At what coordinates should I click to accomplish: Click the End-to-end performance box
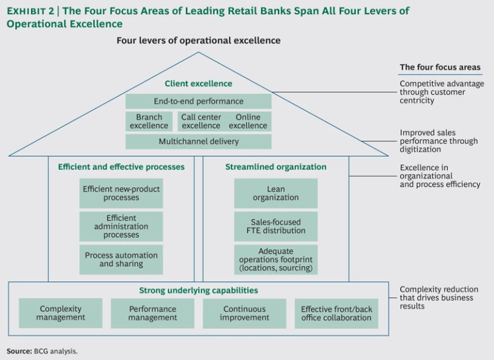(198, 102)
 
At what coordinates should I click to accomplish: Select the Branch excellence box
(149, 122)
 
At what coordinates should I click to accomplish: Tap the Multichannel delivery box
(198, 141)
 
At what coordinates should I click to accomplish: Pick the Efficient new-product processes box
(121, 193)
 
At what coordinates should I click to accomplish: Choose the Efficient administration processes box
(121, 226)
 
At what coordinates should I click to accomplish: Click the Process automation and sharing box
(121, 259)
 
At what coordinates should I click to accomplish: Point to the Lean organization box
(275, 193)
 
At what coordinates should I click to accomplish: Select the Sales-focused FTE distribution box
(275, 226)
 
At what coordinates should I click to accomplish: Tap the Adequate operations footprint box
(275, 259)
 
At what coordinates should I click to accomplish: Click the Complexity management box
(60, 313)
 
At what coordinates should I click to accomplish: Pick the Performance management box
(152, 313)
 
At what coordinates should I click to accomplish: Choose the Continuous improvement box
(244, 313)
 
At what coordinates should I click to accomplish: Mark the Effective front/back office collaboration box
(336, 313)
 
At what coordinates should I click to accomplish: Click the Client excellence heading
(198, 84)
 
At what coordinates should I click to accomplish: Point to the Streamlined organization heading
(275, 167)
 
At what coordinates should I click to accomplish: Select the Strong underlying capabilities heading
(198, 291)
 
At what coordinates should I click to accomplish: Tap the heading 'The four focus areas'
(440, 67)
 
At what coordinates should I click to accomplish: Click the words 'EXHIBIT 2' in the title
(30, 11)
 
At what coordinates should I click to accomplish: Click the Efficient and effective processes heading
(121, 167)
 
